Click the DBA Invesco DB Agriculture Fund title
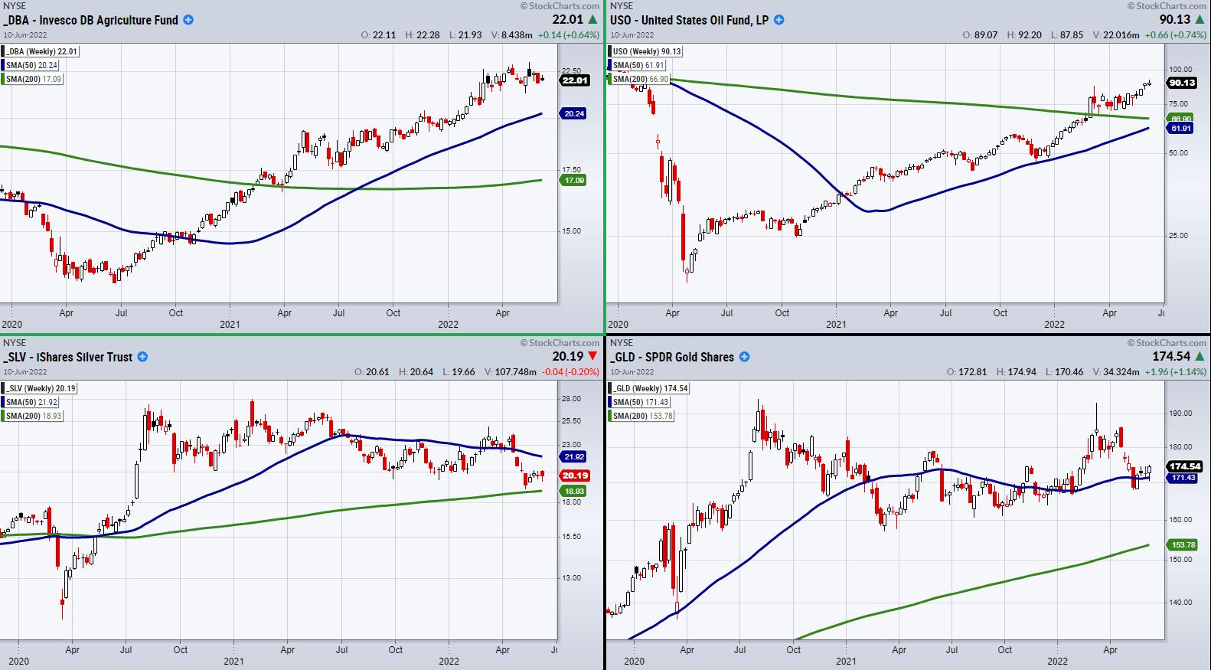(x=90, y=20)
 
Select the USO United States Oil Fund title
(x=689, y=20)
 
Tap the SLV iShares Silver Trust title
(x=67, y=357)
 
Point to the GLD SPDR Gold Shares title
(x=671, y=357)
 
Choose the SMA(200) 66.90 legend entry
(x=637, y=79)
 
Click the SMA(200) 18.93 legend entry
(x=31, y=416)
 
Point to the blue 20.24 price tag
(x=574, y=113)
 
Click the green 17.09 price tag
(x=574, y=180)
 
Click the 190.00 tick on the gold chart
(x=1181, y=413)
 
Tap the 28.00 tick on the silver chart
(x=571, y=398)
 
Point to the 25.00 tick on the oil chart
(x=1177, y=236)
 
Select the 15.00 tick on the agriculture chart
(x=571, y=231)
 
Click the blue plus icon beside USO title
(x=779, y=20)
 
